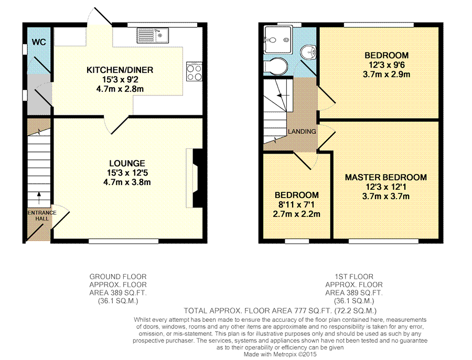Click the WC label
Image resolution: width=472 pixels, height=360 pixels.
coord(39,42)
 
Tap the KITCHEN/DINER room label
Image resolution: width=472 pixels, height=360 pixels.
coord(120,70)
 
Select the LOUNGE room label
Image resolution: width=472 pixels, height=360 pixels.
coord(127,163)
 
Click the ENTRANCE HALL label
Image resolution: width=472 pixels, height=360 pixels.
coord(42,216)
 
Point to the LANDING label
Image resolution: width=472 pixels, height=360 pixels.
coord(302,132)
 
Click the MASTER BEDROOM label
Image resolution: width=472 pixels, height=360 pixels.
coord(385,178)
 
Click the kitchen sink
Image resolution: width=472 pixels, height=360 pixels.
coord(153,36)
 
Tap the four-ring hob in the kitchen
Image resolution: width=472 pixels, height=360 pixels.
coord(194,72)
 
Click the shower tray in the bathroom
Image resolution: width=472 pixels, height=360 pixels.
coord(277,40)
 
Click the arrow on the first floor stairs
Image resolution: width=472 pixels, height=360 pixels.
coord(283,95)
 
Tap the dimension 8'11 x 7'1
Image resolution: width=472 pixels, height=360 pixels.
coord(296,205)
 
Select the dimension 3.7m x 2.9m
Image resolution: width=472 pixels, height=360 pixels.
coord(387,74)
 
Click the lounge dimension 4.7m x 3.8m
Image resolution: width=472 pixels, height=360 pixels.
coord(127,182)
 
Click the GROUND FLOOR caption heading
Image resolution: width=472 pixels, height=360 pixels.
coord(118,277)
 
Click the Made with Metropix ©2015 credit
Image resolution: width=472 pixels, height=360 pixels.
coord(280,354)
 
